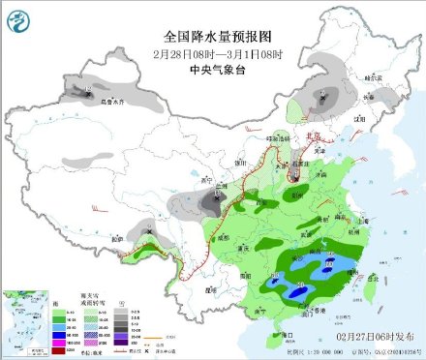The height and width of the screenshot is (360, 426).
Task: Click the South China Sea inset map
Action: coord(25,318)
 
